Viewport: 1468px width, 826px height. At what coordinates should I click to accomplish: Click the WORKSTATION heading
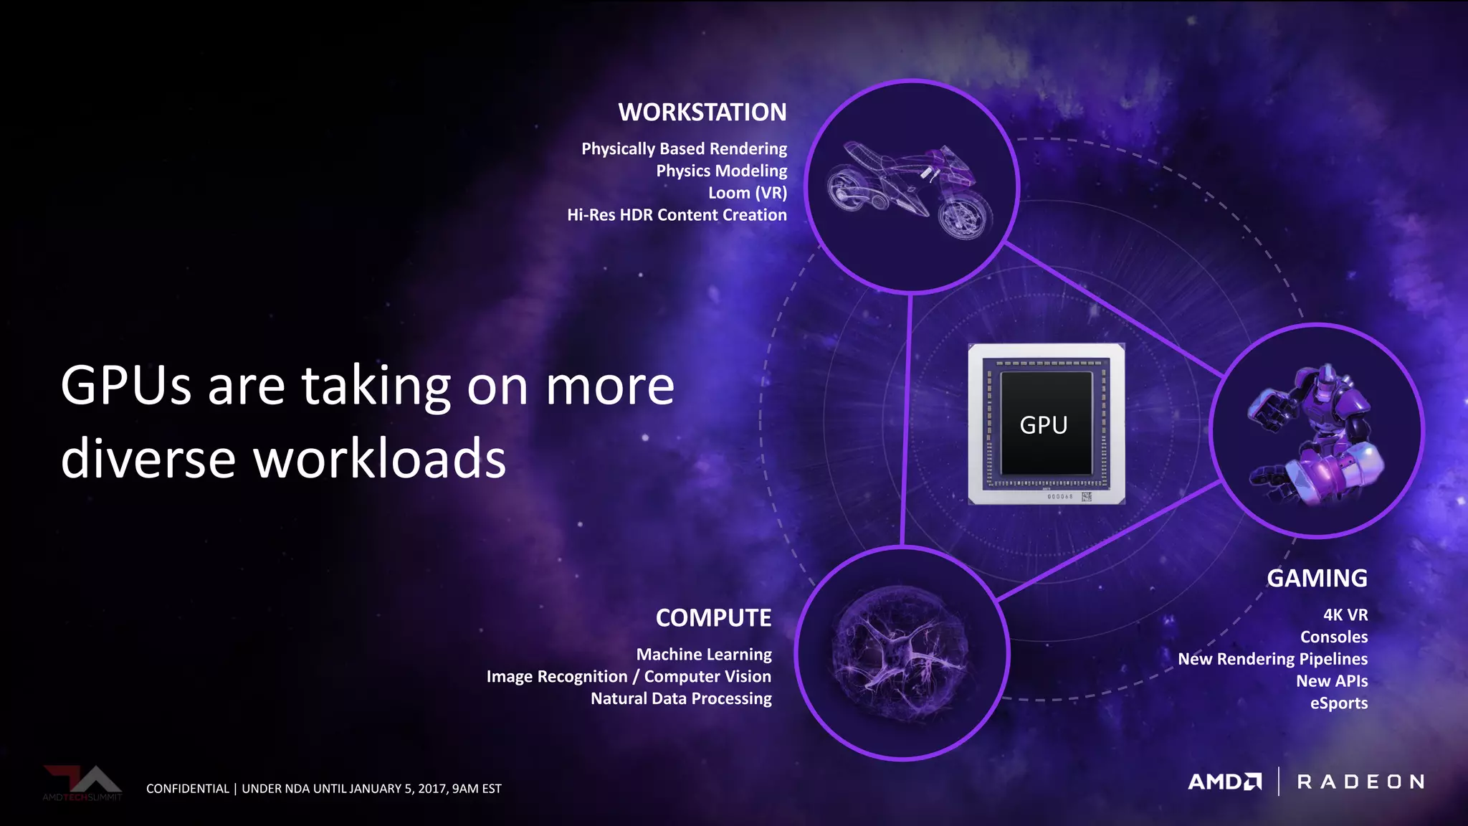coord(702,113)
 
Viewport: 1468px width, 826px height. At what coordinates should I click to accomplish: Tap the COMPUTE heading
coord(713,618)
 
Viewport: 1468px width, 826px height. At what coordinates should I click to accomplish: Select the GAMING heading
coord(1317,579)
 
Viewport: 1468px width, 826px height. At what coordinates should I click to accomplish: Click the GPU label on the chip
coord(1044,425)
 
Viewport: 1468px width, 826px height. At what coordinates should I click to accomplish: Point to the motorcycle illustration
coord(909,190)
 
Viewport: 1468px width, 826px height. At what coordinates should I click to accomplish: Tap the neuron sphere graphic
coord(902,653)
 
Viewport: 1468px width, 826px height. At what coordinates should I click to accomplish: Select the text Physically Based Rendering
coord(684,149)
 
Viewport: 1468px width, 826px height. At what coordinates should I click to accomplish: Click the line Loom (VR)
coord(747,193)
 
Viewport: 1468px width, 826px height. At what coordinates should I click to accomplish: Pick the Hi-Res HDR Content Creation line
coord(677,215)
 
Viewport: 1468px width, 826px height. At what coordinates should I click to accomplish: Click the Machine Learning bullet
coord(704,655)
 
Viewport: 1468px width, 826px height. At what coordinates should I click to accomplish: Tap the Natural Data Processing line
coord(681,698)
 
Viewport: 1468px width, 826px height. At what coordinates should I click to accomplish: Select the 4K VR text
coord(1345,615)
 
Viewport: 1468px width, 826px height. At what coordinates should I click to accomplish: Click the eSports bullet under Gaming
coord(1339,703)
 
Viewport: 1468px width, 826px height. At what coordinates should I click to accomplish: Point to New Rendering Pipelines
coord(1272,659)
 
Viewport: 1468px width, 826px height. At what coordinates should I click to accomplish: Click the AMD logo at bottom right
coord(1224,782)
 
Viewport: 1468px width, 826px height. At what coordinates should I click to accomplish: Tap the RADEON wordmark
coord(1360,782)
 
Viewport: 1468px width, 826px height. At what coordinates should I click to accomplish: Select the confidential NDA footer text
coord(324,789)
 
